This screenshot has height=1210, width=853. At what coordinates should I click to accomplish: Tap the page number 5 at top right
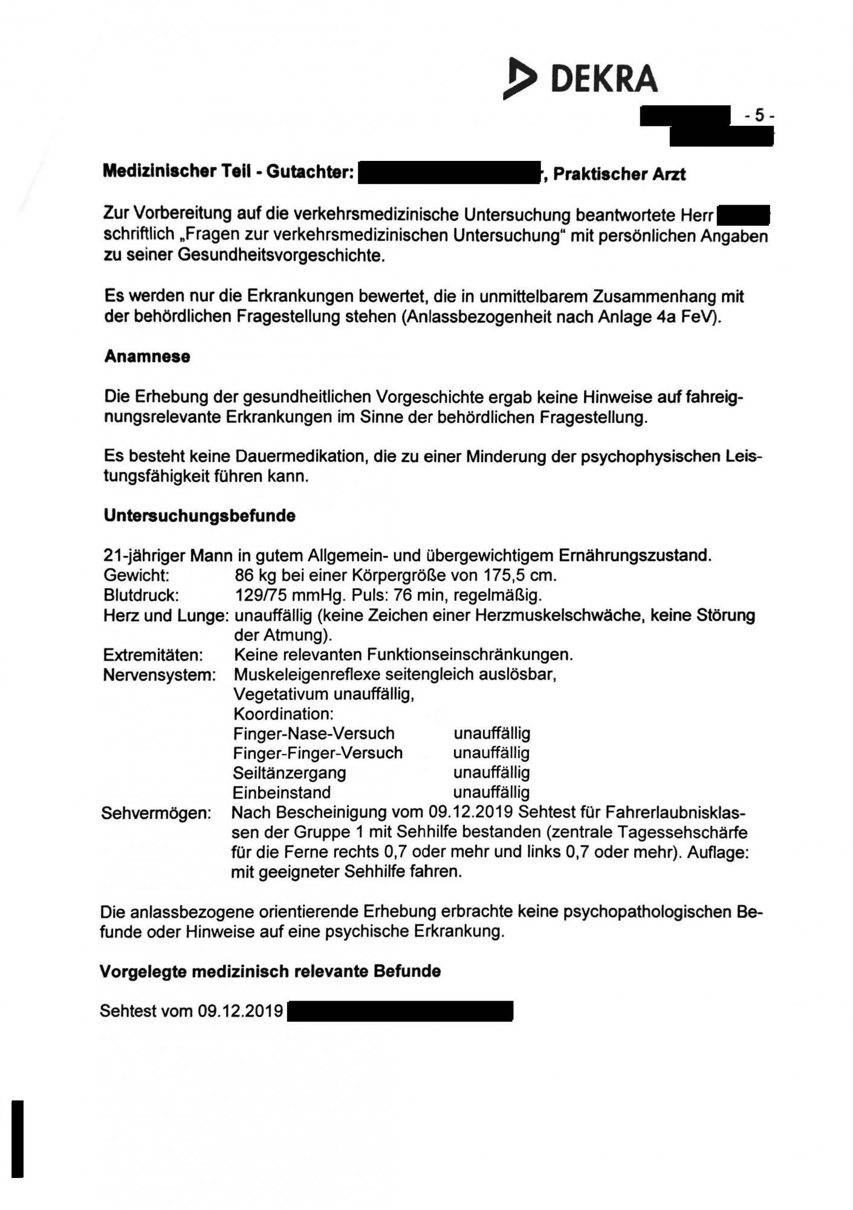[759, 115]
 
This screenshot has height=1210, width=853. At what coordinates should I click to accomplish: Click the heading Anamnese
[147, 356]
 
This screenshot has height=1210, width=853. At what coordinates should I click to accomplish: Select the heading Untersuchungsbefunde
[199, 516]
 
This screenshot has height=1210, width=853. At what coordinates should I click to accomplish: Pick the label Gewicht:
[136, 575]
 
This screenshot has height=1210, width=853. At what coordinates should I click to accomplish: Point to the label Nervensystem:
[160, 675]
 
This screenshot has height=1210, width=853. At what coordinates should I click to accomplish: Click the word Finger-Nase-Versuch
[314, 734]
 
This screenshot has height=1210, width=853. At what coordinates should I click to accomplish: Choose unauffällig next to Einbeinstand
[491, 793]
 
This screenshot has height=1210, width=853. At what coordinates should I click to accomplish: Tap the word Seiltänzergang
[290, 773]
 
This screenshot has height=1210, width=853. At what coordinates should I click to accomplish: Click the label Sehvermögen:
[156, 813]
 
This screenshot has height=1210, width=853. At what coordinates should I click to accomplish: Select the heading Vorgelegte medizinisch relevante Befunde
[270, 972]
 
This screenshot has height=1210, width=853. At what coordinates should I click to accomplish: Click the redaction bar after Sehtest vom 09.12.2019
[400, 1011]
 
